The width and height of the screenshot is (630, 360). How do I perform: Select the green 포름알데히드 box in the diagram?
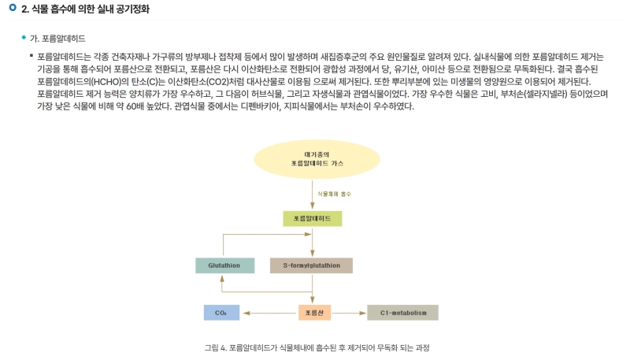click(x=312, y=218)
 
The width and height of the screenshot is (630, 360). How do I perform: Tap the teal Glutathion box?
click(x=224, y=265)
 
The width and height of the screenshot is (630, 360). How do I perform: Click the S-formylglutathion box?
click(x=311, y=265)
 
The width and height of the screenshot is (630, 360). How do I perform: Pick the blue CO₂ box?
click(x=220, y=313)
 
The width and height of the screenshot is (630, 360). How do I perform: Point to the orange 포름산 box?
click(x=313, y=313)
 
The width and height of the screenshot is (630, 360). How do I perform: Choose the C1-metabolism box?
click(x=402, y=313)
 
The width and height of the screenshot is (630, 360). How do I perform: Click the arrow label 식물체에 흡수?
click(x=334, y=193)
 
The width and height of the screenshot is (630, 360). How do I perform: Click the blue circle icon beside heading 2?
click(x=12, y=9)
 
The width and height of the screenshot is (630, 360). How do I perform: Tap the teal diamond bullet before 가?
click(x=24, y=37)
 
